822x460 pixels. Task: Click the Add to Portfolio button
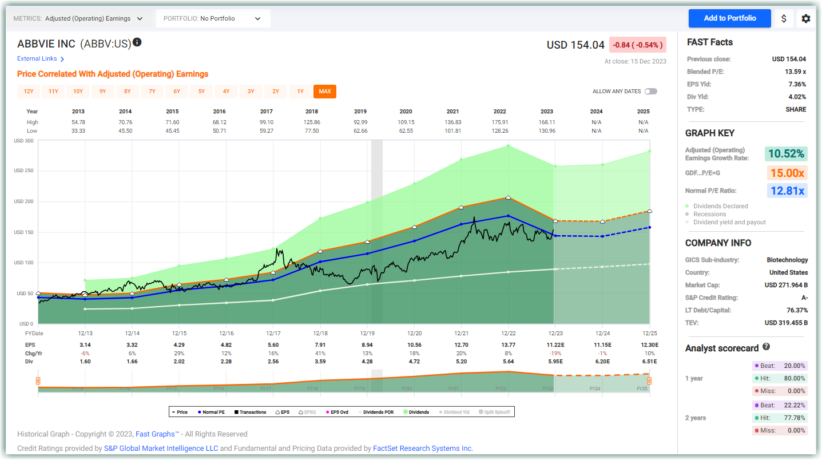(729, 18)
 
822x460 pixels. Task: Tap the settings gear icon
(805, 18)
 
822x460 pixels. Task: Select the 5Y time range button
(201, 92)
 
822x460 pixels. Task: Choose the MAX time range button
(324, 92)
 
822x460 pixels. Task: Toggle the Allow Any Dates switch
(650, 92)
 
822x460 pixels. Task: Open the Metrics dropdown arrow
(140, 18)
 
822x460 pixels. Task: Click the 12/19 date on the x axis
(367, 333)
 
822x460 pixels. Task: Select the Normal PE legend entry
(210, 412)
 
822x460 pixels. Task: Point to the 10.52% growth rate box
(786, 153)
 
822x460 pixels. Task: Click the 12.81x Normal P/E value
(787, 191)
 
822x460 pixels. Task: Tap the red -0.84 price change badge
(637, 45)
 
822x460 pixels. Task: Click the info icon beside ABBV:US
(137, 42)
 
